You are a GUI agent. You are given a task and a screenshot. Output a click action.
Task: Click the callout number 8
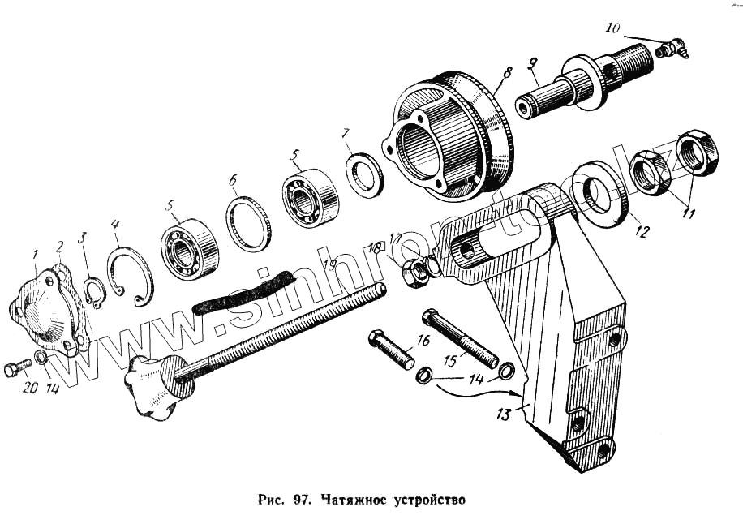(507, 72)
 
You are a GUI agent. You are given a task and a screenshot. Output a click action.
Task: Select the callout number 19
(329, 264)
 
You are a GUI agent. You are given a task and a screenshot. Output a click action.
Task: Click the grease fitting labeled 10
(672, 49)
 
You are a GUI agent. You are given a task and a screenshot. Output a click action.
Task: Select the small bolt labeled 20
(14, 370)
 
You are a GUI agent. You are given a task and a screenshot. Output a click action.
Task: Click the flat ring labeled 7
(365, 174)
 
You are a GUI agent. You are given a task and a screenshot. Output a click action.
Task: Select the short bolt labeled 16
(392, 348)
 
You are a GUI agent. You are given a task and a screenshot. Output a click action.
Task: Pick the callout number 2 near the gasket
(59, 246)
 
